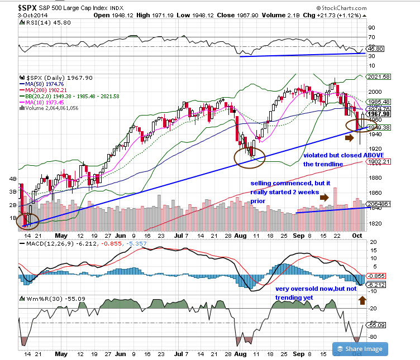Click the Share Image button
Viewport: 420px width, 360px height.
360,349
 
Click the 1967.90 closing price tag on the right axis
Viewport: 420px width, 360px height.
375,114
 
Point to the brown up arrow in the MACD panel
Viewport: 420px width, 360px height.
362,300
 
